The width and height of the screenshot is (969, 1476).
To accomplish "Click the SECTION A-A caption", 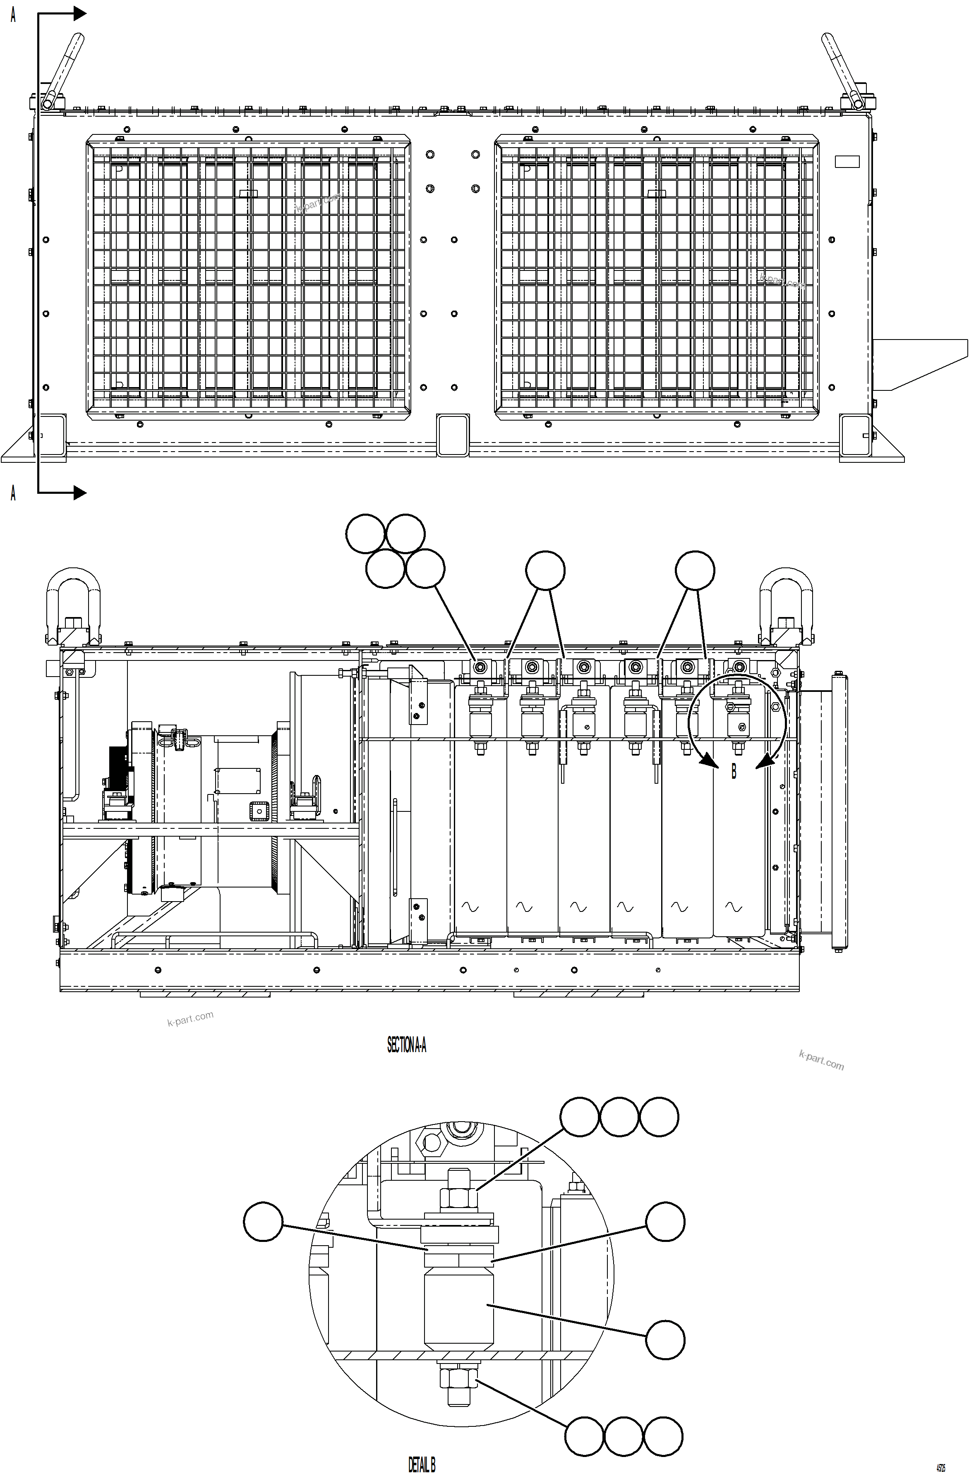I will (x=406, y=1045).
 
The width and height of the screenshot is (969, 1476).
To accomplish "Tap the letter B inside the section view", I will (x=734, y=771).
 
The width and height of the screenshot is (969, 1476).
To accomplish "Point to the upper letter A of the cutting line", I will (x=13, y=15).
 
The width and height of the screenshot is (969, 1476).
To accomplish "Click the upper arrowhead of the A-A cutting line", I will (x=80, y=13).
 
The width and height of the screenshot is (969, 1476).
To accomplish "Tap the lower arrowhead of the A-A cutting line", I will (x=80, y=493).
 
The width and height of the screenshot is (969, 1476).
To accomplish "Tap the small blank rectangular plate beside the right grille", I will (x=847, y=162).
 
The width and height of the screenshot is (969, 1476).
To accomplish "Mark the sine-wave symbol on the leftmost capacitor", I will (x=470, y=907).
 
